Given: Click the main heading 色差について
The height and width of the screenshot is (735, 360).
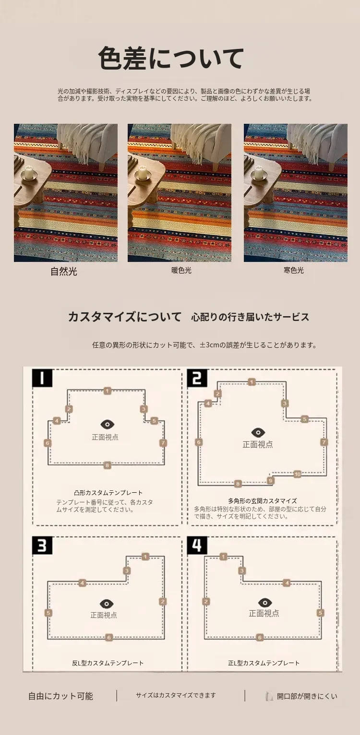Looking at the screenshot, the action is (x=171, y=58).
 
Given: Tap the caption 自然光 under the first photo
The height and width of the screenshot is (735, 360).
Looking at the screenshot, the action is (x=64, y=272).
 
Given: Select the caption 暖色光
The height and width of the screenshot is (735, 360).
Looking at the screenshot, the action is (x=181, y=271).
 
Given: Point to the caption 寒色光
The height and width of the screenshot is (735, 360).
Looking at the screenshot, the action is (x=294, y=271).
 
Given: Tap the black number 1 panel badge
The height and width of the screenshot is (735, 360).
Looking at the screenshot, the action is (x=42, y=378).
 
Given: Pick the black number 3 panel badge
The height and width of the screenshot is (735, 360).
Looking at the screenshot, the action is (x=42, y=545).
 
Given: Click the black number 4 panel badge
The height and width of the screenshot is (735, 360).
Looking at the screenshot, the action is (x=197, y=545).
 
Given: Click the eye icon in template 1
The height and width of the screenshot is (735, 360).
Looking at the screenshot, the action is (x=107, y=424).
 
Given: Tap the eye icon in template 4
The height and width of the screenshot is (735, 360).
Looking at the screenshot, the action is (x=265, y=603).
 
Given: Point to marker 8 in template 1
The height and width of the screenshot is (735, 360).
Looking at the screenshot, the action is (x=107, y=465).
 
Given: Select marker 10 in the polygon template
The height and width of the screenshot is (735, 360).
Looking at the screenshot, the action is (x=297, y=474).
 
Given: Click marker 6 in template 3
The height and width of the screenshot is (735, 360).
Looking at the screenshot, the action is (x=109, y=637).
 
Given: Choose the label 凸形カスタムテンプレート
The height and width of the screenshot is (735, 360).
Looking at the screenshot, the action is (x=108, y=493).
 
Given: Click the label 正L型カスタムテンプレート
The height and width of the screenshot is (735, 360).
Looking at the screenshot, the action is (x=264, y=663).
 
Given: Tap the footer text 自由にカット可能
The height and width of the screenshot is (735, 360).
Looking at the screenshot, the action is (x=60, y=696).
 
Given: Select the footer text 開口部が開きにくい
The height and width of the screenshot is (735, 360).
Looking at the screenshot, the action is (x=307, y=696).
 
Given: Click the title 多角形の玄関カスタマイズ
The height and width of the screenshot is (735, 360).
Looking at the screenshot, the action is (x=262, y=501).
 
